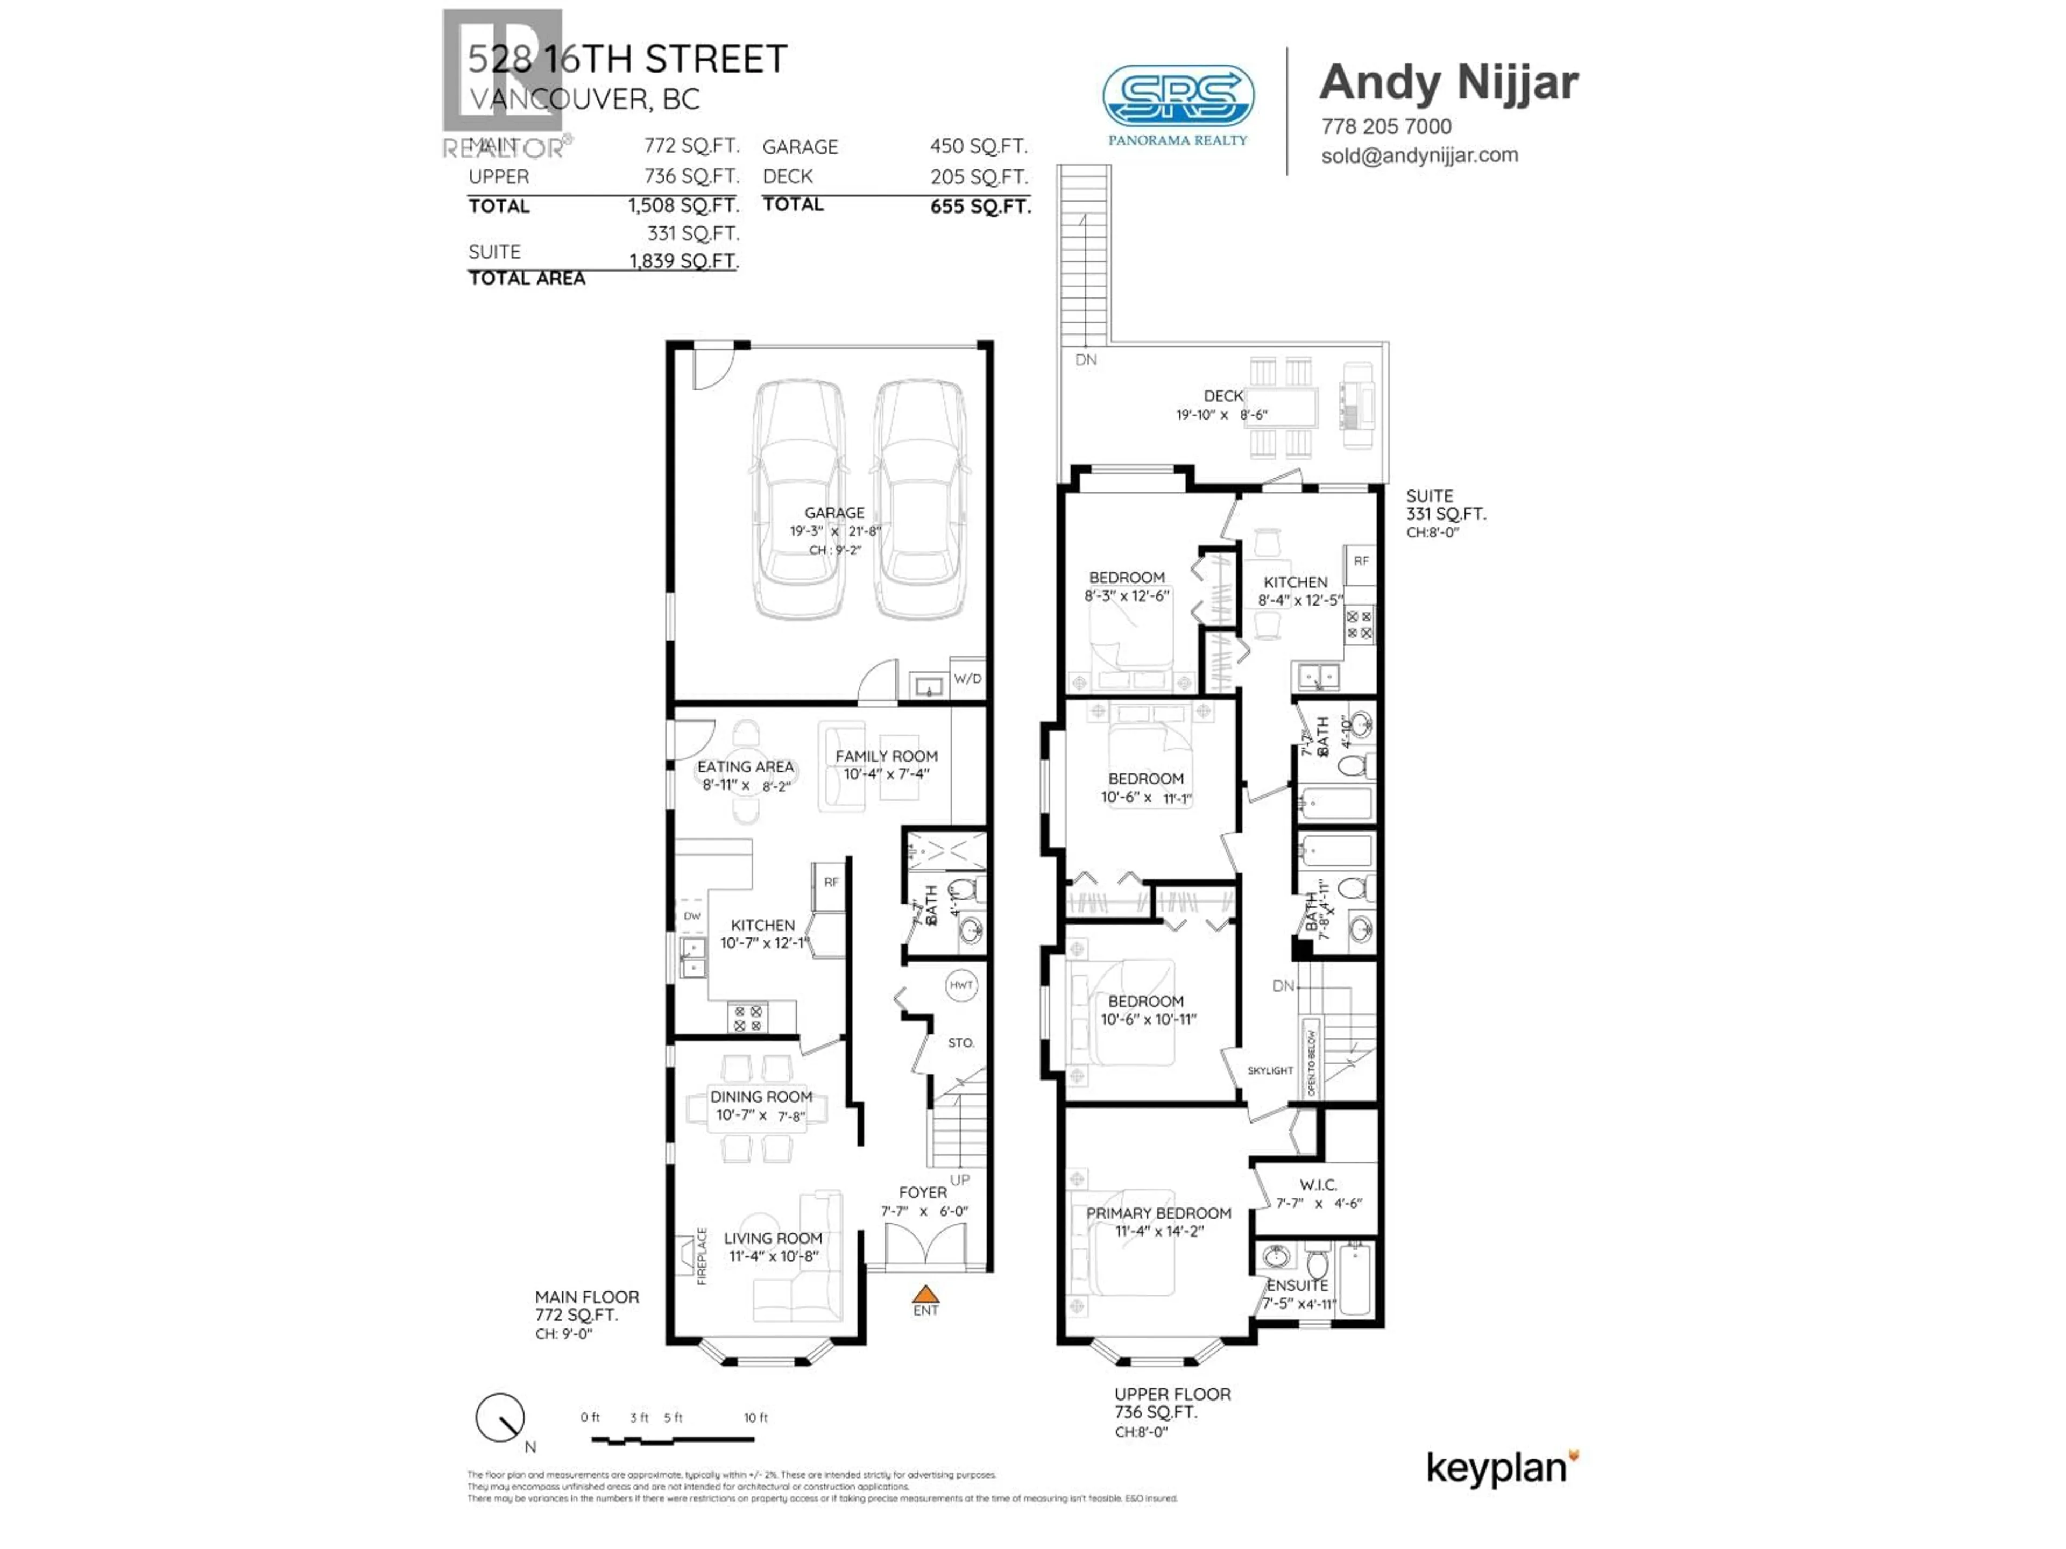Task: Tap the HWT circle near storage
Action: (x=961, y=985)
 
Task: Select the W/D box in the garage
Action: (x=967, y=679)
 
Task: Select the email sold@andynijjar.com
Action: (x=1419, y=155)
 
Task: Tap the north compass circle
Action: (x=500, y=1418)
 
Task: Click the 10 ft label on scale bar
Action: (x=755, y=1417)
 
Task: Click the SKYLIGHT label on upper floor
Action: (x=1270, y=1071)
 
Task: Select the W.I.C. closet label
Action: (x=1318, y=1185)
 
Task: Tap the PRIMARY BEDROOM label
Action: (x=1158, y=1213)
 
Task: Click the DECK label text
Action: (x=1222, y=396)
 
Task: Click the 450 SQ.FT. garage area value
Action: (x=978, y=147)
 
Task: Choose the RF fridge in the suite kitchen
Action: (x=1361, y=561)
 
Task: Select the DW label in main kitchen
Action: (x=692, y=916)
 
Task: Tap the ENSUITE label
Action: (x=1297, y=1285)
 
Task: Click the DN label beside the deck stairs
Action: (x=1085, y=359)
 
